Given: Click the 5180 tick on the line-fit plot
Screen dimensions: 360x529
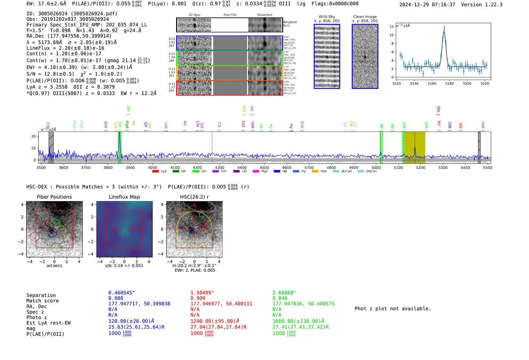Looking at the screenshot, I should click(x=449, y=83).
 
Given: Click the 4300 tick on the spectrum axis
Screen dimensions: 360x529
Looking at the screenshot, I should click(x=220, y=167).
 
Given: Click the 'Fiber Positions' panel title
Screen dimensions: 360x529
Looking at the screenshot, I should click(x=54, y=197).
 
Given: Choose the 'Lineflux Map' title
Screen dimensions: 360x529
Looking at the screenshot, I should click(x=124, y=197).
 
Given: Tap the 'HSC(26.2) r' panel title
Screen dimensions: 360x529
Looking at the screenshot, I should click(x=194, y=197).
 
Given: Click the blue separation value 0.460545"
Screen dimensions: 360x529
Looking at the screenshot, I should click(x=121, y=293).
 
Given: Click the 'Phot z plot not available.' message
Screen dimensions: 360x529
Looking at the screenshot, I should click(x=393, y=309).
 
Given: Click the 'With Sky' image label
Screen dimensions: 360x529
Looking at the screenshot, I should click(x=326, y=17).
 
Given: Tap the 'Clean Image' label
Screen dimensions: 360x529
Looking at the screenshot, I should click(x=365, y=17).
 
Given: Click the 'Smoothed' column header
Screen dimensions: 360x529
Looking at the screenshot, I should click(x=264, y=15).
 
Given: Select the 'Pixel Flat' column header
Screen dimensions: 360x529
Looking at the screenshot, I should click(x=230, y=15).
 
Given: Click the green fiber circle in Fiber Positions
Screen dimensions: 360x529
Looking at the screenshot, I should click(x=55, y=223).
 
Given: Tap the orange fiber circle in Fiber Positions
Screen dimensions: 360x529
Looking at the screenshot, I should click(x=61, y=231).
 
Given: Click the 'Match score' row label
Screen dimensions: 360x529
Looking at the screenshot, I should click(x=42, y=301).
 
